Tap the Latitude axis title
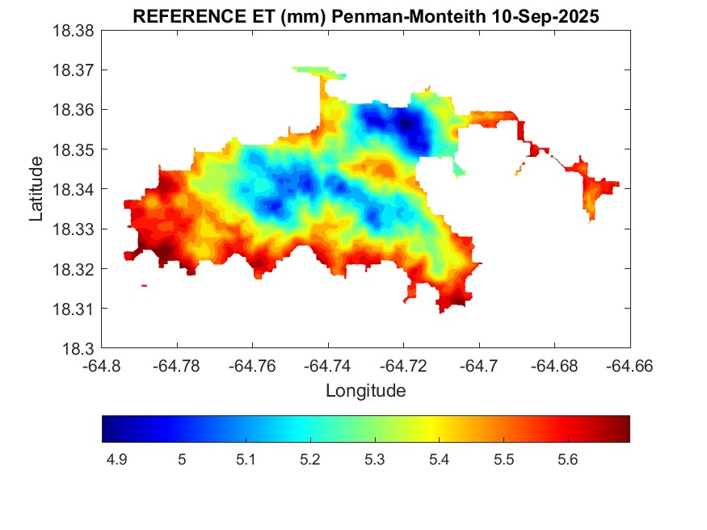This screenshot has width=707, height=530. pyautogui.click(x=36, y=190)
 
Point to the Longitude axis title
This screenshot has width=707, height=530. pyautogui.click(x=365, y=391)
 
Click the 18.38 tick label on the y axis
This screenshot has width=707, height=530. pyautogui.click(x=74, y=31)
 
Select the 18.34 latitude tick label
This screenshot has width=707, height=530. pyautogui.click(x=74, y=190)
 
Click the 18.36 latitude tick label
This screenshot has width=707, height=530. pyautogui.click(x=74, y=110)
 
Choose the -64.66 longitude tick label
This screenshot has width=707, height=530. pyautogui.click(x=630, y=366)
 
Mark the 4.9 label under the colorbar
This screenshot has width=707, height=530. pyautogui.click(x=116, y=460)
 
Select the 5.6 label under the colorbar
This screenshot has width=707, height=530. pyautogui.click(x=567, y=460)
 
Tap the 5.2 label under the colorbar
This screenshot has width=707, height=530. pyautogui.click(x=309, y=460)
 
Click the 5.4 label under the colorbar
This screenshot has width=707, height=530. pyautogui.click(x=439, y=460)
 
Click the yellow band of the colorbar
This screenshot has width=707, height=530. pyautogui.click(x=433, y=429)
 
